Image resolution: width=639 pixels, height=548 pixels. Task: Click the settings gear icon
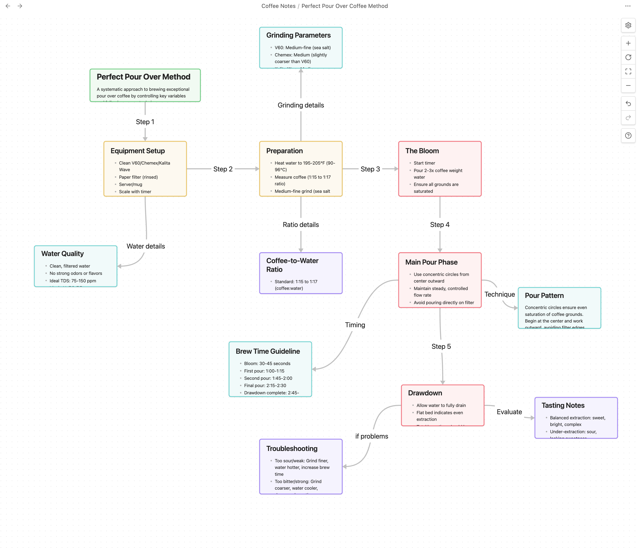click(628, 25)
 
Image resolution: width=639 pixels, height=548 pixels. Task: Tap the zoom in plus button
click(628, 43)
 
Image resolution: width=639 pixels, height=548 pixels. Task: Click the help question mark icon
click(628, 136)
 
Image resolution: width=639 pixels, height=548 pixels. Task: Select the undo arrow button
click(628, 103)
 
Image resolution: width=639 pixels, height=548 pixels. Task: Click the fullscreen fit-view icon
click(628, 71)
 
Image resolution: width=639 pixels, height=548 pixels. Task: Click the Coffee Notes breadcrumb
click(278, 6)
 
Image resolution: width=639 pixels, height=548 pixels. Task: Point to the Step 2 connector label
click(223, 169)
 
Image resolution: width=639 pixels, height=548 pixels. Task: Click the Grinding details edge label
click(301, 105)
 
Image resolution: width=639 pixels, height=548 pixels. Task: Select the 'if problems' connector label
click(371, 436)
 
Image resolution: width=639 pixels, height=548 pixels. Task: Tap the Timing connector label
click(355, 325)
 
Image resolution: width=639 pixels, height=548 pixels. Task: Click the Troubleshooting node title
click(292, 448)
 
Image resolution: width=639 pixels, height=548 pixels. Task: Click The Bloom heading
click(422, 151)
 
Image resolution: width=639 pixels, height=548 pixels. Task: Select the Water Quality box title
click(62, 254)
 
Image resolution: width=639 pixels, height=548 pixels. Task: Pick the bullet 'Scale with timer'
click(135, 192)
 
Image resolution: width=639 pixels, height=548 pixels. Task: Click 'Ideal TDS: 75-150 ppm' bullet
click(73, 281)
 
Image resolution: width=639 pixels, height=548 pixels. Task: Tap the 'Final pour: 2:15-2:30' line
click(265, 385)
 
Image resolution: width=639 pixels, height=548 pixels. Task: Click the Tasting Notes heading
click(563, 405)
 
